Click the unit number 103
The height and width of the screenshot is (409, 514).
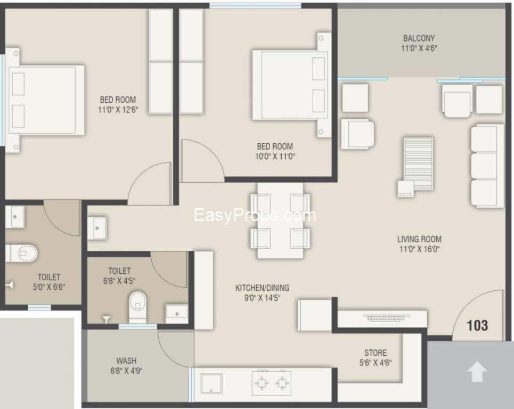[477, 324]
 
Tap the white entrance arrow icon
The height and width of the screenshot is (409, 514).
[477, 372]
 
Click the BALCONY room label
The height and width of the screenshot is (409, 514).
[419, 38]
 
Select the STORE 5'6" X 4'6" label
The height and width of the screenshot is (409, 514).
[376, 357]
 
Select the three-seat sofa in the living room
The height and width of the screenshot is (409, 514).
[486, 166]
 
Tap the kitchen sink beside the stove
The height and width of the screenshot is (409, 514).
[212, 383]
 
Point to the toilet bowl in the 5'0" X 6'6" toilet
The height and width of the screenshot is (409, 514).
[21, 252]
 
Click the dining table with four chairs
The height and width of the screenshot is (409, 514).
[280, 220]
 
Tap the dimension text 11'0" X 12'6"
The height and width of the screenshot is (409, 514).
[118, 110]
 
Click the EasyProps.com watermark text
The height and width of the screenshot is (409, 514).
[255, 215]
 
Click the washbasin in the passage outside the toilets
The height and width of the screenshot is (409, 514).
[99, 227]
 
